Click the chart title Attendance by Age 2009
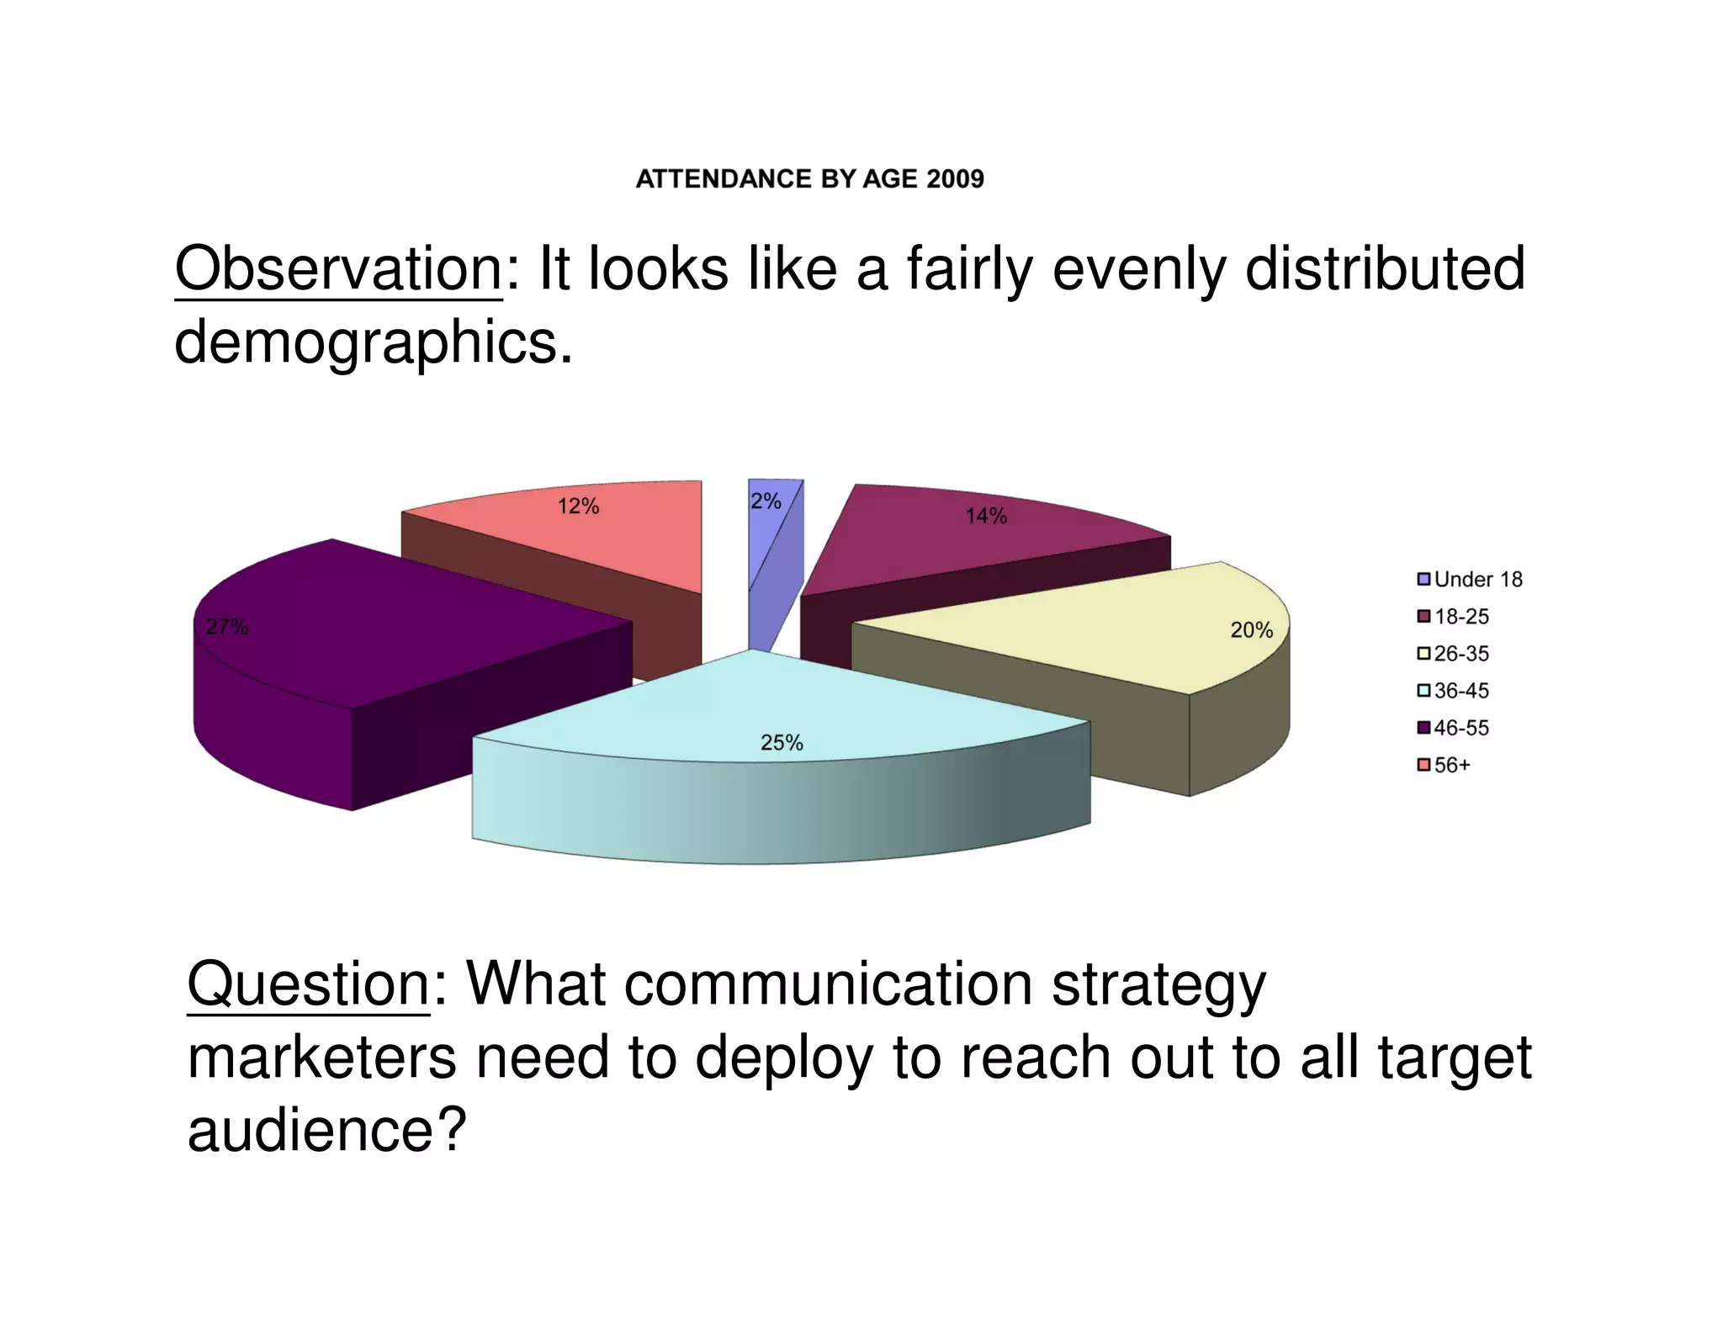tap(809, 179)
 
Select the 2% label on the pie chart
tap(766, 501)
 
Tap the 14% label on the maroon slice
tap(985, 516)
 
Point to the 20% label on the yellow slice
tap(1251, 630)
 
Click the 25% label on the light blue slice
tap(782, 743)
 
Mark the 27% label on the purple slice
tap(227, 627)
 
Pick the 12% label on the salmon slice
tap(578, 506)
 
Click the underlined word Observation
tap(338, 269)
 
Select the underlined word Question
tap(308, 984)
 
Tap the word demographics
tap(367, 343)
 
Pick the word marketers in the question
tap(321, 1058)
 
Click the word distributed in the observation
tap(1384, 269)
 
